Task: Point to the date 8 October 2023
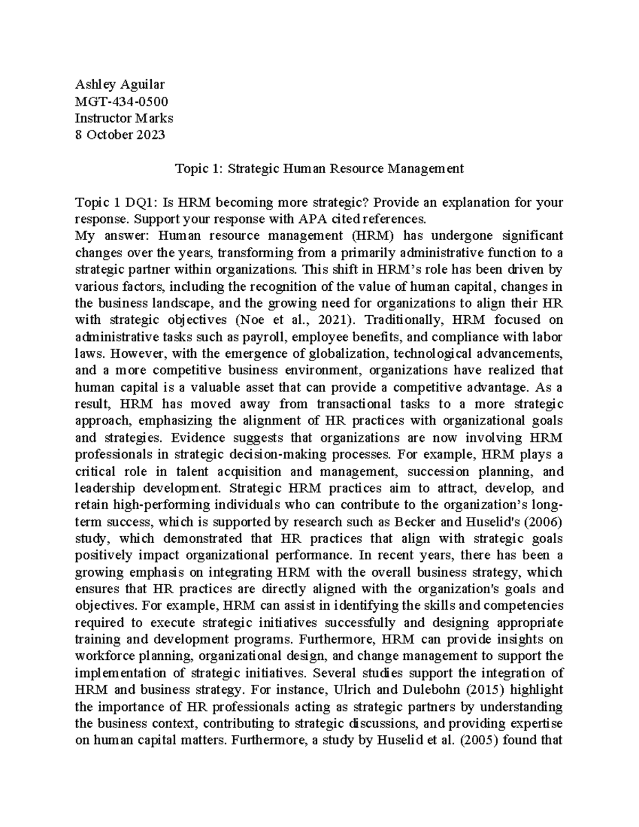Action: pyautogui.click(x=120, y=135)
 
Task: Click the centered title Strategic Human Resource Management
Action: pyautogui.click(x=346, y=169)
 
